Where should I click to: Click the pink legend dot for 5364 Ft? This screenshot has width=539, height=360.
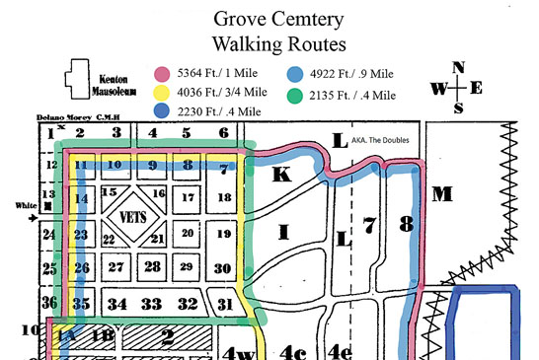pos(162,74)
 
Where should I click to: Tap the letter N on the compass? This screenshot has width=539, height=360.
pos(457,67)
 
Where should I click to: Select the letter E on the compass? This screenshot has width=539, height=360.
pos(477,88)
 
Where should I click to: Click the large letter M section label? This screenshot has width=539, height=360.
pos(441,193)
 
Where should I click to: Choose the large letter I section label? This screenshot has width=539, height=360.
pos(285,233)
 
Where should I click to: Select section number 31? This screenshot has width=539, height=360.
pos(226,303)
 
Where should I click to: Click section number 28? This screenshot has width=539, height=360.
pos(152,267)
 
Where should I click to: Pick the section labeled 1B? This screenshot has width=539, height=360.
pos(104,336)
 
